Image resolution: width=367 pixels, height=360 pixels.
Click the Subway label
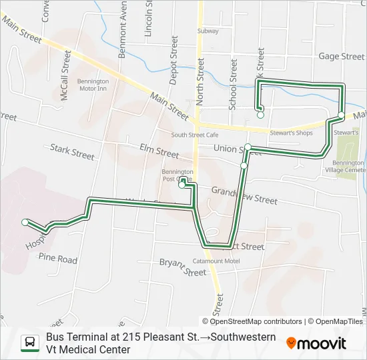coord(208,31)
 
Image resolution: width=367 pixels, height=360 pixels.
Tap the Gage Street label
coord(341,57)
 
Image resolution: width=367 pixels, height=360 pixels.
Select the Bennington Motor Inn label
coord(93,85)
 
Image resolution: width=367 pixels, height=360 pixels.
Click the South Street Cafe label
coord(195,135)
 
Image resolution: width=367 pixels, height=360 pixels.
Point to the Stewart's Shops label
coord(291,133)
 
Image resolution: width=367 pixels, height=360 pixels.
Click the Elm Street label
coord(159,151)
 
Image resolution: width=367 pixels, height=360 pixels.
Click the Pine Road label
coord(57,257)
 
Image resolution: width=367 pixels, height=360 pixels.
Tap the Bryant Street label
coord(182,267)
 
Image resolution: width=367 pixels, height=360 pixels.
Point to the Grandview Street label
coord(244,195)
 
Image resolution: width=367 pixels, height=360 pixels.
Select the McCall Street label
coord(65,82)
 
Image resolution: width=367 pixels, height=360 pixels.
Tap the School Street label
coord(233,84)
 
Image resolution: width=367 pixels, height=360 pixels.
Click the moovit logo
coord(316,343)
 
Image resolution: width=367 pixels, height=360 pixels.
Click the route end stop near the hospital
coord(25,222)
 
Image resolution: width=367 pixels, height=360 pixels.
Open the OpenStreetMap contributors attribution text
coord(256,321)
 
